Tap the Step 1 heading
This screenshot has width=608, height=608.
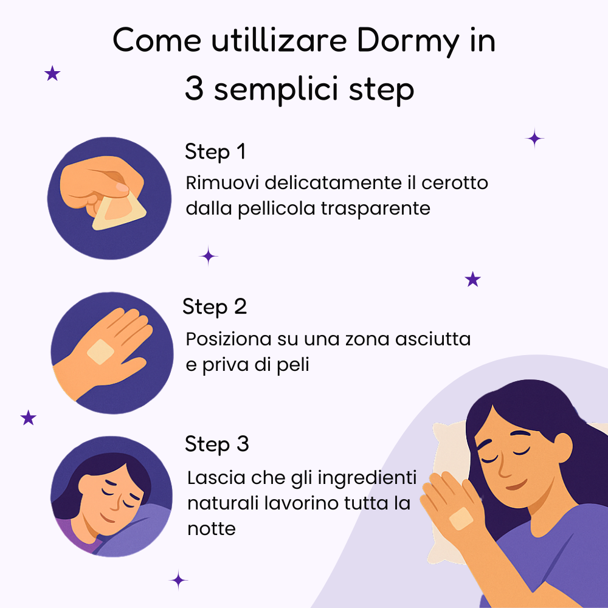(x=215, y=152)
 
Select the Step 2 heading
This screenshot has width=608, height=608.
(x=215, y=307)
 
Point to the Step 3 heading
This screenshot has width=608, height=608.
(x=216, y=444)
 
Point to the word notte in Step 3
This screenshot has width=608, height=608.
(x=211, y=528)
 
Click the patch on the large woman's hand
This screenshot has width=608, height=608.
(x=461, y=518)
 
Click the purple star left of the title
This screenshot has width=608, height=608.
(x=53, y=74)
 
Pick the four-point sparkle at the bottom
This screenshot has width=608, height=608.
(x=178, y=579)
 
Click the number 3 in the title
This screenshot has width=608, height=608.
(x=194, y=89)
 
